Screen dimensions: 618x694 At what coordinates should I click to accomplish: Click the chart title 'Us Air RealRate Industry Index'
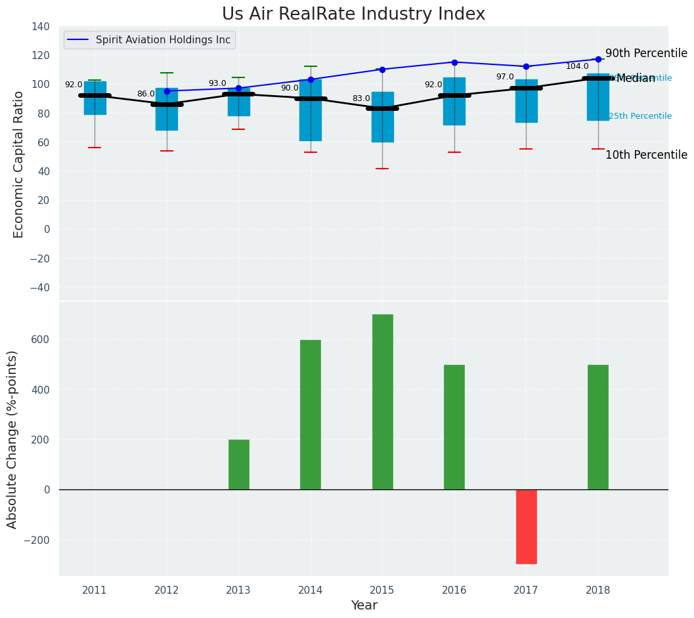pos(353,14)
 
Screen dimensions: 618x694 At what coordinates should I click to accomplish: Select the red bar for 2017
pos(526,526)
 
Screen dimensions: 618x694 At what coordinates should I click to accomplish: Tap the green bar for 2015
pos(382,402)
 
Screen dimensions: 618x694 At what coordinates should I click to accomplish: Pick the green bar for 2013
pos(238,464)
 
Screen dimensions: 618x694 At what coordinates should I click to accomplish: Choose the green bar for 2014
pos(311,415)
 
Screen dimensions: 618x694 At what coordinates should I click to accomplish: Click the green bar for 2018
pos(597,427)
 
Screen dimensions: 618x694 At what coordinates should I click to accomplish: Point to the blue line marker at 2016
pos(454,62)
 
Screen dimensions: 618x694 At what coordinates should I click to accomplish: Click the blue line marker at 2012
pos(167,91)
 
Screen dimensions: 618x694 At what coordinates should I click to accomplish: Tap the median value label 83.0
pos(361,99)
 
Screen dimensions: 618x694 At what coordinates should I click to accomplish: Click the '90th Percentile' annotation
pos(646,54)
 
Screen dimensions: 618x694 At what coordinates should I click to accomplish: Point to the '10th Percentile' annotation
pos(646,155)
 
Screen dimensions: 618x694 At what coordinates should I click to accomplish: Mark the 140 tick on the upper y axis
pos(40,26)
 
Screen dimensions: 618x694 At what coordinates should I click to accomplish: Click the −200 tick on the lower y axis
pos(37,540)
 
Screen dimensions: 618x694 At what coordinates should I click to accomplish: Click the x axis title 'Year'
pos(364,606)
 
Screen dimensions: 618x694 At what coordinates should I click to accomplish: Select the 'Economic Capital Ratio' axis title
pos(19,164)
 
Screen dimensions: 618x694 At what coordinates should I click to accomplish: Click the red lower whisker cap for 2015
pos(382,169)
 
